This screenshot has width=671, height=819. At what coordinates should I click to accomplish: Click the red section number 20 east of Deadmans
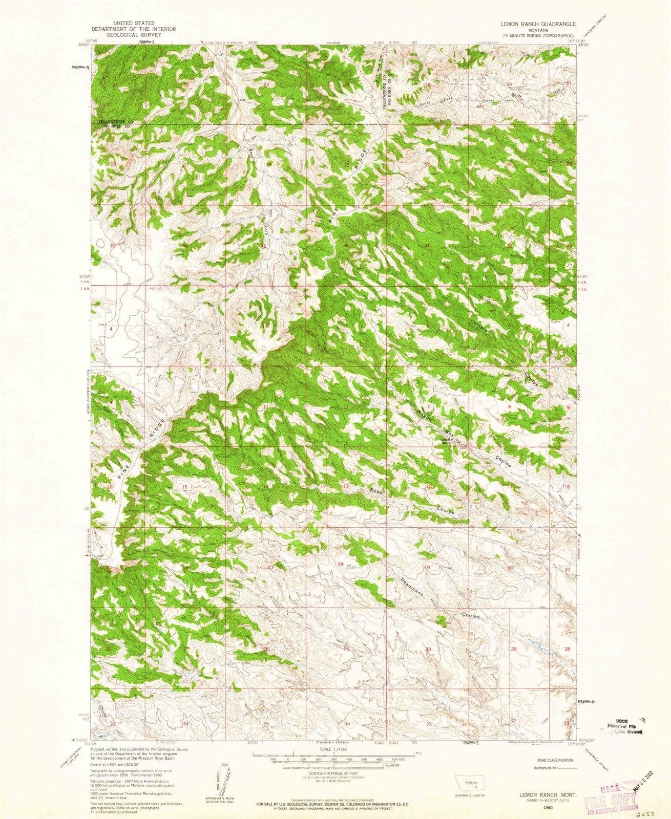pyautogui.click(x=510, y=569)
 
